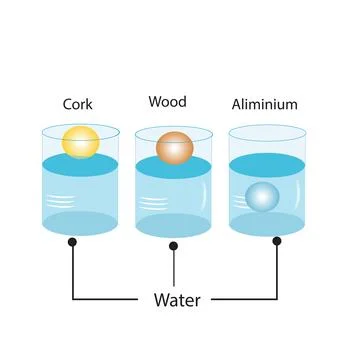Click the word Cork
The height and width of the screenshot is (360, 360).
pyautogui.click(x=78, y=103)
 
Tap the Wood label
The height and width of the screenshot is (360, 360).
pyautogui.click(x=167, y=102)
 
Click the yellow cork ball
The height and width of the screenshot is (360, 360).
pyautogui.click(x=78, y=141)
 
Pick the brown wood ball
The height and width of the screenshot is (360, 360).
pyautogui.click(x=174, y=146)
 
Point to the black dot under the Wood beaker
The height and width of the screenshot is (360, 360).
pyautogui.click(x=174, y=245)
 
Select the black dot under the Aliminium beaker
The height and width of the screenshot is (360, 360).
pyautogui.click(x=277, y=241)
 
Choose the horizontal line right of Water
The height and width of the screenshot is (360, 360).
pyautogui.click(x=245, y=298)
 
